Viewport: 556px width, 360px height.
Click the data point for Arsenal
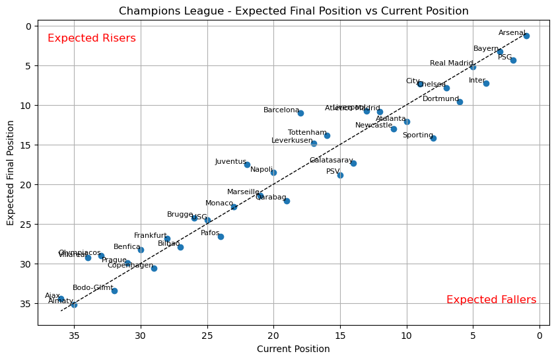526,36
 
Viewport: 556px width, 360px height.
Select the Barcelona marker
300,113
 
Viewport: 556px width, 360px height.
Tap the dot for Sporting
433,138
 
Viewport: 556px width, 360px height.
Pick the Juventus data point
247,164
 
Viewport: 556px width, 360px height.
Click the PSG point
513,60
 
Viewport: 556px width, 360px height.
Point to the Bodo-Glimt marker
114,291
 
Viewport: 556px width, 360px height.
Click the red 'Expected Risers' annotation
92,38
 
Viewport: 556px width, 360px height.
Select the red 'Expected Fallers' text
491,300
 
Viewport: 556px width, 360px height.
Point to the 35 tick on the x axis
74,336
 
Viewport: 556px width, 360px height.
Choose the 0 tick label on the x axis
539,336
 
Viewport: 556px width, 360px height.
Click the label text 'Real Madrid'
452,63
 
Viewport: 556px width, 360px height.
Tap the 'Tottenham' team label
307,133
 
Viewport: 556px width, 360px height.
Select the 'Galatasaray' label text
331,161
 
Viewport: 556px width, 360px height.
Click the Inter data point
486,83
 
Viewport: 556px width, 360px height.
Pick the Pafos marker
221,236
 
